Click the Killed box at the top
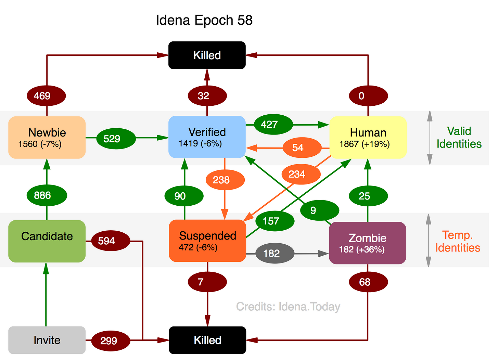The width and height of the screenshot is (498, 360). point(207,55)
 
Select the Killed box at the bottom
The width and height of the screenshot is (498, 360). point(207,340)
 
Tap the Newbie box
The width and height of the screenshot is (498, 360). point(47,137)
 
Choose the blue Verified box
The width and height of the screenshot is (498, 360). point(207,137)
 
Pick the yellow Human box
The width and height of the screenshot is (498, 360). point(368,137)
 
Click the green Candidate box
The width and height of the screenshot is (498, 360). point(47,241)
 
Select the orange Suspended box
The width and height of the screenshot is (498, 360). point(207,241)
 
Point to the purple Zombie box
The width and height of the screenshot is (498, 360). point(368,243)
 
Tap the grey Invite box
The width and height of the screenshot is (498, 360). point(47,340)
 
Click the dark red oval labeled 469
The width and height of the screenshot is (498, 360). point(46,96)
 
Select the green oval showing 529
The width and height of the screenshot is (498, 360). point(116,139)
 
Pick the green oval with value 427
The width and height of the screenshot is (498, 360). point(273,125)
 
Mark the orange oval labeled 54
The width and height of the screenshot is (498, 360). point(302,147)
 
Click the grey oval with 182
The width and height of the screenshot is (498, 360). point(275,253)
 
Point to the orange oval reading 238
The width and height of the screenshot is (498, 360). point(225,180)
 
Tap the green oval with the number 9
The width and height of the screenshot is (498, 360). point(320,210)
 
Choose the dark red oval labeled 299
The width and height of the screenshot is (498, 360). point(111,341)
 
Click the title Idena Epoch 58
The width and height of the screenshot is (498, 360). point(204,20)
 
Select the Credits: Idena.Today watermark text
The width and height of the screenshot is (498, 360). point(288,307)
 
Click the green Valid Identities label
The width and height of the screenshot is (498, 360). point(459,137)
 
